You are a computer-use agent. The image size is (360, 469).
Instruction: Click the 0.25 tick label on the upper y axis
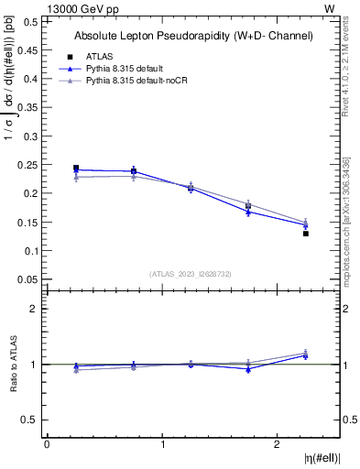click(28, 165)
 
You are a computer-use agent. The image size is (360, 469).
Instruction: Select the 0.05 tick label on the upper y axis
click(28, 279)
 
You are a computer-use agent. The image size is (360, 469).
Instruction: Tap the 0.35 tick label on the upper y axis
click(28, 108)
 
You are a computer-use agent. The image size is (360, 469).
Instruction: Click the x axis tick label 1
click(163, 443)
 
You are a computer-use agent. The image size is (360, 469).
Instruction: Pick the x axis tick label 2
click(278, 443)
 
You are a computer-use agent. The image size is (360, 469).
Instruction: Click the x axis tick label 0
click(48, 443)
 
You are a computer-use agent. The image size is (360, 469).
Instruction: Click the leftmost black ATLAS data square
click(76, 169)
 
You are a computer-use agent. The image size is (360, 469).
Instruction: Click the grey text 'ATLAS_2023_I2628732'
click(191, 273)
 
